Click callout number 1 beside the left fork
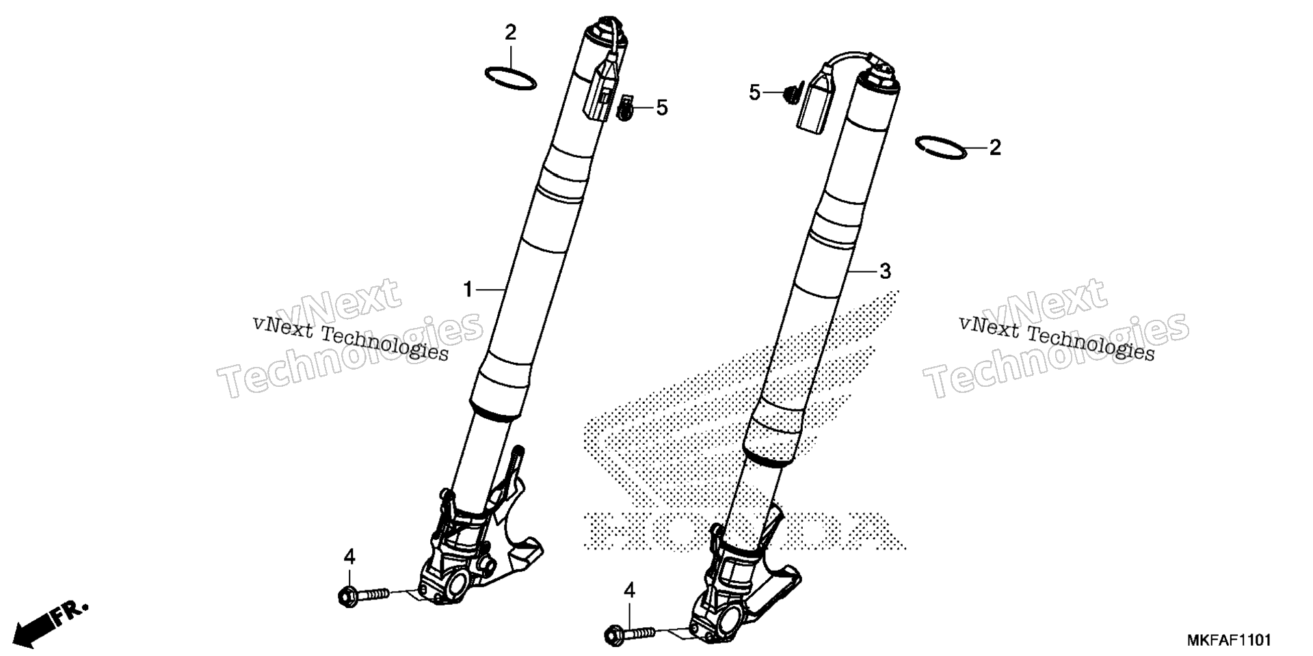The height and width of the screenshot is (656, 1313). tap(468, 290)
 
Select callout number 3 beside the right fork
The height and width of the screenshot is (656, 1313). tap(885, 271)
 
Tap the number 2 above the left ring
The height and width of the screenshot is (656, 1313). tap(510, 32)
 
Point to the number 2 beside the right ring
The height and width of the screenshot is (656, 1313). tap(995, 147)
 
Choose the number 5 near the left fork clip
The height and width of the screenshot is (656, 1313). tap(661, 107)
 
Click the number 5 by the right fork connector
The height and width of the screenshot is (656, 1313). tap(754, 92)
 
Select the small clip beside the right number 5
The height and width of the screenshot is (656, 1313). tap(793, 93)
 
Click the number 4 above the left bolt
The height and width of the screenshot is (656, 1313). tap(349, 557)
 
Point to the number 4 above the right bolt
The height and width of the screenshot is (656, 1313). tap(629, 591)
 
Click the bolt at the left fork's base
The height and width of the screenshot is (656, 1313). tap(363, 594)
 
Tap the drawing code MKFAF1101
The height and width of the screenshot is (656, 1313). tap(1228, 640)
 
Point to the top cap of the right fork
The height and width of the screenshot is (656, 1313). tap(881, 73)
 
